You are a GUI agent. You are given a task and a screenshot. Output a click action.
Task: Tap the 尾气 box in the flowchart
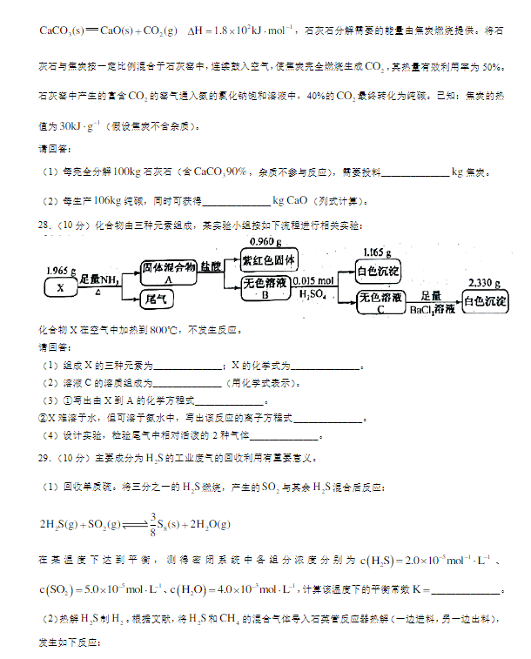tap(158, 299)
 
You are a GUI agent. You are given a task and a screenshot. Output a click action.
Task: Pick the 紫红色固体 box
tap(270, 259)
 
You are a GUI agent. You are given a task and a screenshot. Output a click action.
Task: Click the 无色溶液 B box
tap(267, 288)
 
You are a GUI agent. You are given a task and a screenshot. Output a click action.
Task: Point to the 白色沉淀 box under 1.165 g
tap(379, 272)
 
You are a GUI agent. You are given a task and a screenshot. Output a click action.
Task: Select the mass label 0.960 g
tap(266, 241)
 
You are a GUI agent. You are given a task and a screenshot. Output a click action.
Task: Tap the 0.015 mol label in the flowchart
tap(315, 281)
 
